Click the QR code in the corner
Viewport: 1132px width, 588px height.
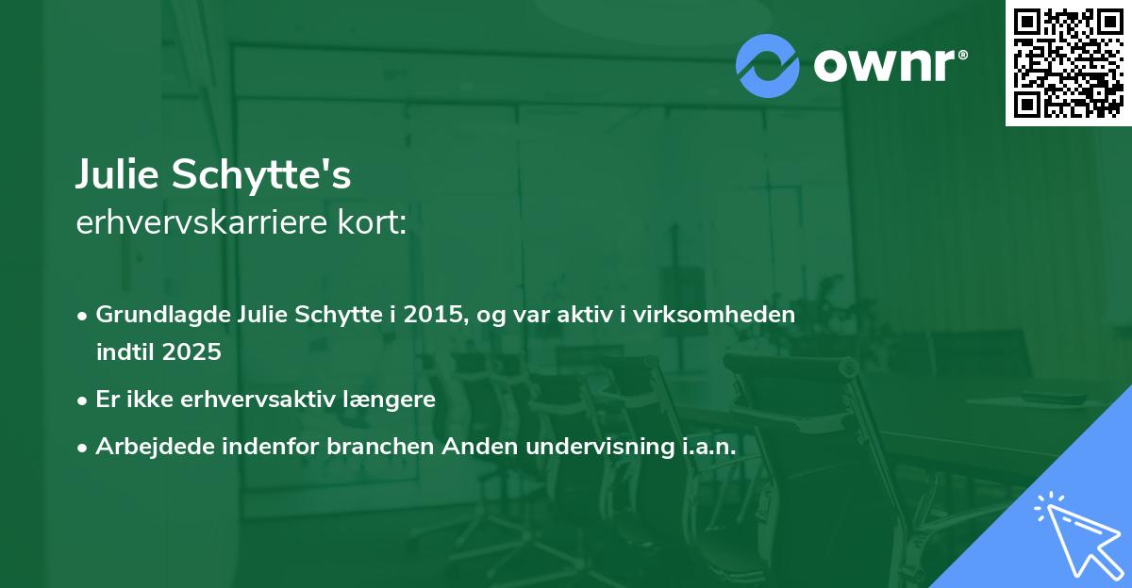pos(1068,62)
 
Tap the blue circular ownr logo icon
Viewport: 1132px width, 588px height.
pos(768,65)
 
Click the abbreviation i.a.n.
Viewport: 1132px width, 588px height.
pos(706,447)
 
